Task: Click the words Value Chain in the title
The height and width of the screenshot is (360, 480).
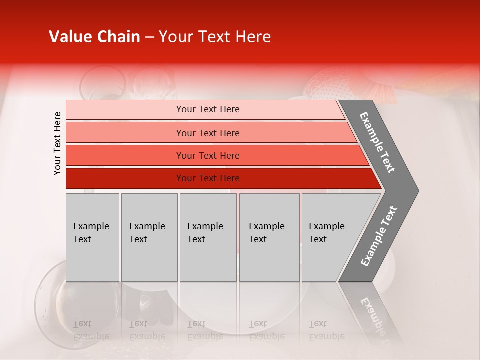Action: [x=94, y=37]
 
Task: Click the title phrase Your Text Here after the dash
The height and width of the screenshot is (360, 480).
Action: [x=215, y=37]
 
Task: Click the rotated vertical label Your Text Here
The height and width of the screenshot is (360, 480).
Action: [x=57, y=143]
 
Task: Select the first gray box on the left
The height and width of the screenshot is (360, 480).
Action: [x=92, y=237]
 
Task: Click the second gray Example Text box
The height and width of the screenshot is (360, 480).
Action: [x=149, y=237]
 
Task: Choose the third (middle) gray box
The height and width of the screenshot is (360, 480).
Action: [x=208, y=237]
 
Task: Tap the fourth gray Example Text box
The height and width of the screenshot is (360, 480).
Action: [x=269, y=237]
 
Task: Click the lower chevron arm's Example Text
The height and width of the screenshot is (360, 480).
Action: [x=379, y=236]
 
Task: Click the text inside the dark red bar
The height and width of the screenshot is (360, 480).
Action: [x=208, y=178]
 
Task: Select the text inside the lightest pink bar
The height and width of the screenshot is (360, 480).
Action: [x=208, y=109]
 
